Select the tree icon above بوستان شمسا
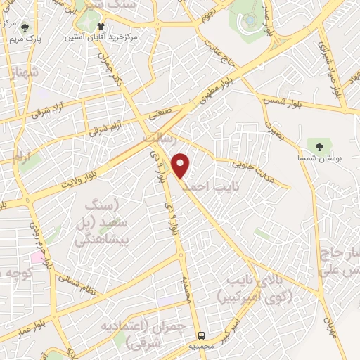[x=321, y=147]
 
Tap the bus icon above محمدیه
[x=202, y=335]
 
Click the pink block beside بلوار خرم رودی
[x=36, y=257]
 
